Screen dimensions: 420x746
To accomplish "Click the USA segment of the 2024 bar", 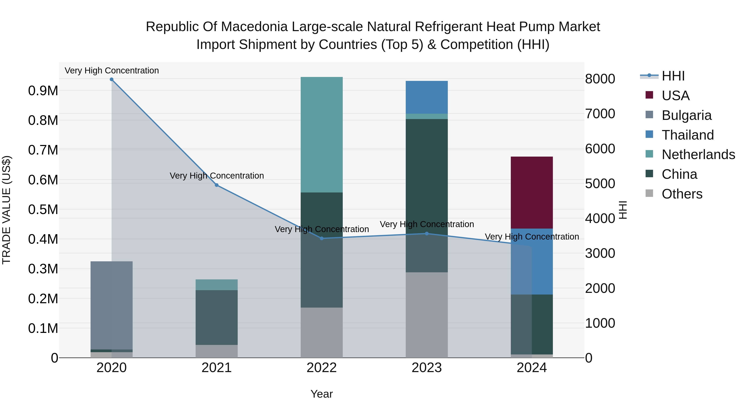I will [x=532, y=192].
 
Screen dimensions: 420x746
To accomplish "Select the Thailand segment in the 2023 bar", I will [x=427, y=97].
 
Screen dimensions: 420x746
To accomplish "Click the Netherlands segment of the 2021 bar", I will [x=217, y=285].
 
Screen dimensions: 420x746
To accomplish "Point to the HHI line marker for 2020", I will [x=111, y=79].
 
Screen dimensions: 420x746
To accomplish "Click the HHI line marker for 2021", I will [x=217, y=185].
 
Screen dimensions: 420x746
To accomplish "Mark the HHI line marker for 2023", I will [x=427, y=234].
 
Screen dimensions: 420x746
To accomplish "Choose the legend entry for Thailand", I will [x=688, y=135].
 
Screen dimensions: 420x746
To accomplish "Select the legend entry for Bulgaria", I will [x=686, y=115].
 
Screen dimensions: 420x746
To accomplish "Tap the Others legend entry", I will [x=682, y=194].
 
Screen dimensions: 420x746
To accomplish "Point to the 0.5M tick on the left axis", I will [x=43, y=209].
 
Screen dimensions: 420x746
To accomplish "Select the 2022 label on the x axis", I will [x=321, y=368].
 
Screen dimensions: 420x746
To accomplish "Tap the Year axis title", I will [x=321, y=394].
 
